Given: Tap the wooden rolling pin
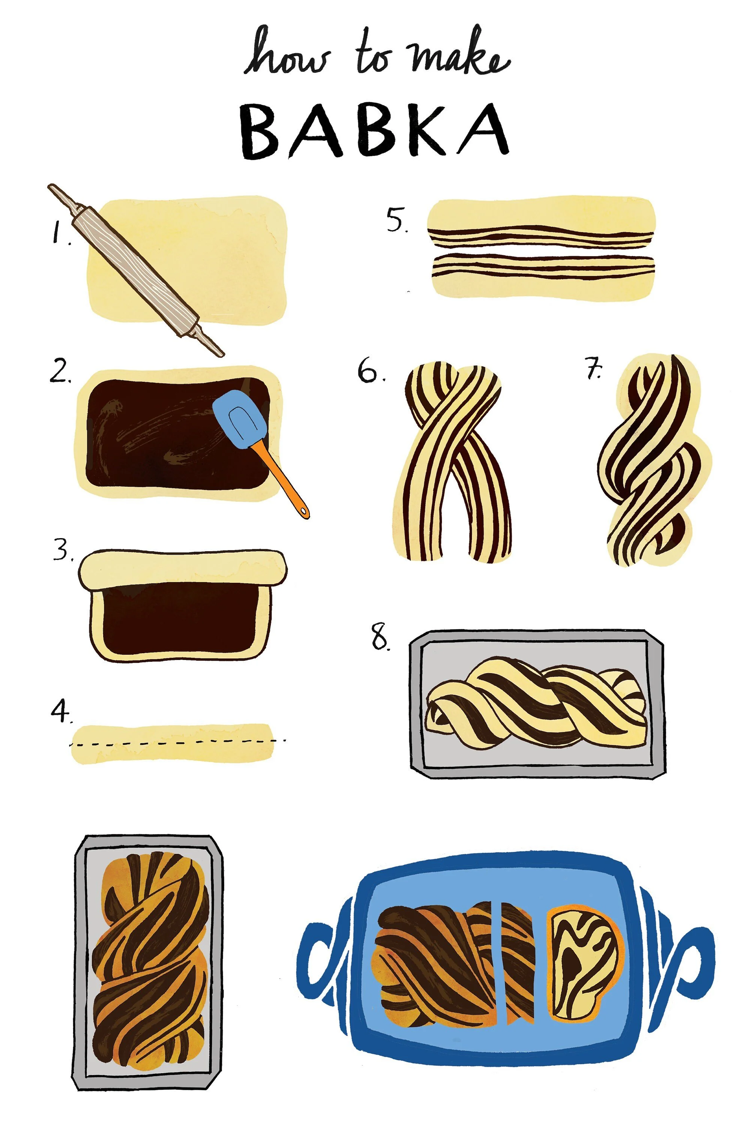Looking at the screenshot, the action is coord(135,270).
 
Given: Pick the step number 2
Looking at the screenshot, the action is coord(61,372).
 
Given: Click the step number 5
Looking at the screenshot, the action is coord(397,220).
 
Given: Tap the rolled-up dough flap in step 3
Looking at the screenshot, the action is coord(183,569).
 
